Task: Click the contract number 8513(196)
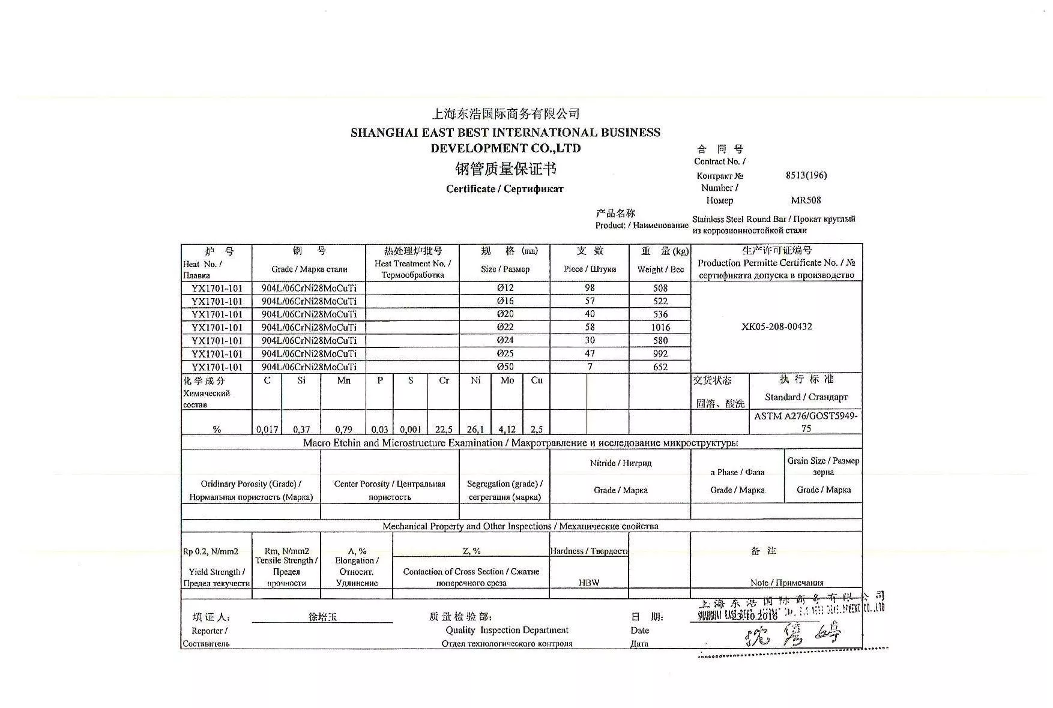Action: pyautogui.click(x=806, y=175)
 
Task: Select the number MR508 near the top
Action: pyautogui.click(x=806, y=200)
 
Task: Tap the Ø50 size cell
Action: pyautogui.click(x=505, y=367)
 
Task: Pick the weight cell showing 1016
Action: pyautogui.click(x=660, y=327)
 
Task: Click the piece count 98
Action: pyautogui.click(x=590, y=288)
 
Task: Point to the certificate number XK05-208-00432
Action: pyautogui.click(x=776, y=326)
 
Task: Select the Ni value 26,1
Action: pyautogui.click(x=475, y=429)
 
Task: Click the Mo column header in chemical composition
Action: pyautogui.click(x=507, y=380)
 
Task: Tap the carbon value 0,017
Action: pyautogui.click(x=267, y=429)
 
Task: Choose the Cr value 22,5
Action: pyautogui.click(x=444, y=429)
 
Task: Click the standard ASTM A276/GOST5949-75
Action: pyautogui.click(x=806, y=422)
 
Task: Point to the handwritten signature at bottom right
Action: pyautogui.click(x=792, y=634)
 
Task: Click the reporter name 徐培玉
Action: pyautogui.click(x=322, y=617)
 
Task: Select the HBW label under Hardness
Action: pyautogui.click(x=589, y=582)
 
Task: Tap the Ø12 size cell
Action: pyautogui.click(x=505, y=288)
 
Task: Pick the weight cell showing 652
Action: pyautogui.click(x=660, y=367)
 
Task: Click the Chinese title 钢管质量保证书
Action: pyautogui.click(x=505, y=169)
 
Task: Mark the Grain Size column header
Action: pyautogui.click(x=823, y=466)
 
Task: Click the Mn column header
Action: pyautogui.click(x=343, y=380)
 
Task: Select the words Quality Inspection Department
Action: pyautogui.click(x=507, y=630)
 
